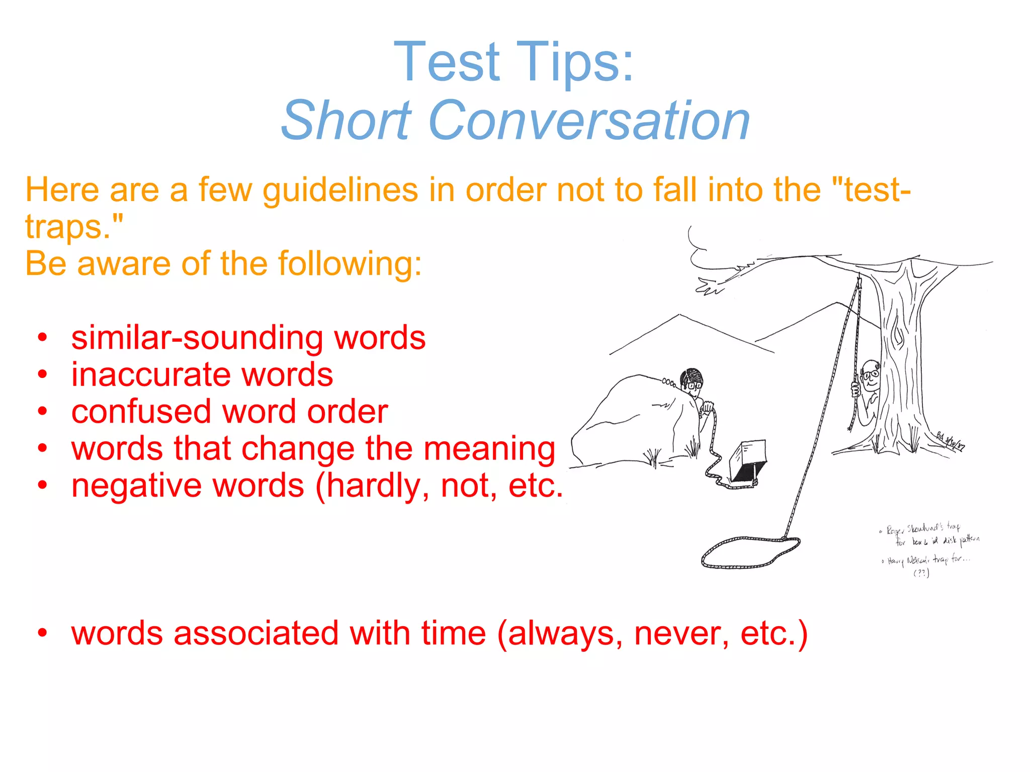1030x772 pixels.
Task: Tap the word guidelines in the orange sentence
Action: coord(340,191)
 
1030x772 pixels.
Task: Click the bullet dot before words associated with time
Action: coord(43,634)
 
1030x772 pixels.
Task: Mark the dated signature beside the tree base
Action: coord(951,442)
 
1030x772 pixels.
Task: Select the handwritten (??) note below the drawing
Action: coord(921,573)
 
